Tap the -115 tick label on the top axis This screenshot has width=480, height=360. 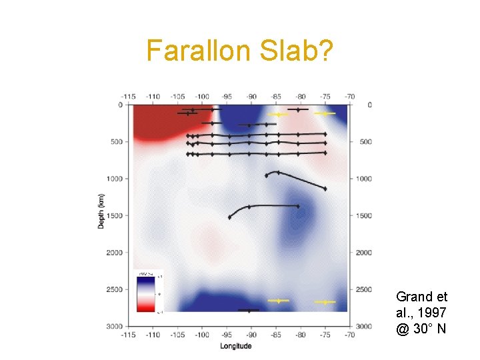(x=129, y=96)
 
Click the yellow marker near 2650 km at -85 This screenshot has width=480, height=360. (x=277, y=301)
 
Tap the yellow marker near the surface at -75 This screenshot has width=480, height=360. (x=325, y=113)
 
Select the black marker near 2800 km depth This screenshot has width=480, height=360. (x=249, y=311)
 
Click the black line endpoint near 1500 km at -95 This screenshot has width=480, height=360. (x=230, y=217)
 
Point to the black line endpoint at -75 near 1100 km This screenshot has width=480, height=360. (x=325, y=189)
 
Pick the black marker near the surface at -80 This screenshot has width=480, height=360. (x=298, y=109)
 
